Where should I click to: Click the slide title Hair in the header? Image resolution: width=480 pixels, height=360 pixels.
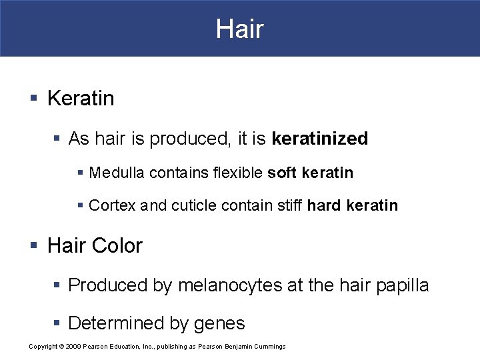[239, 29]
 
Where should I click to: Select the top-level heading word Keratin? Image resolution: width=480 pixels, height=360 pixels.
[81, 99]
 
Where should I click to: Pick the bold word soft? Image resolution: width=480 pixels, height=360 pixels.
[282, 173]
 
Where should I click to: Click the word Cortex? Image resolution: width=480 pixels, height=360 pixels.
[112, 206]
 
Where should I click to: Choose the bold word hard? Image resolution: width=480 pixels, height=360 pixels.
[324, 206]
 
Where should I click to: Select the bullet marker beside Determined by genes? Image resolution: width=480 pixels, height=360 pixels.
[57, 324]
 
